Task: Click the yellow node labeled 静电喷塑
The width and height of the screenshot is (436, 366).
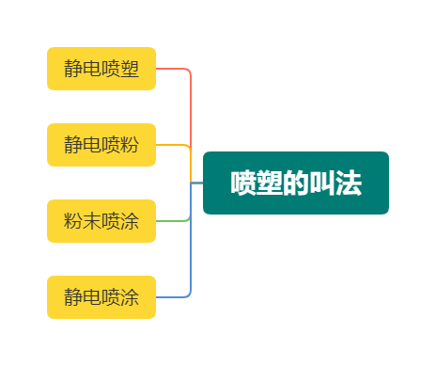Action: [x=101, y=69]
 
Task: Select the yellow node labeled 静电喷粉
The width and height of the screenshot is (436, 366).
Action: [x=101, y=145]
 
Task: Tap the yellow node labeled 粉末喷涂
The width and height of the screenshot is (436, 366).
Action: [x=101, y=221]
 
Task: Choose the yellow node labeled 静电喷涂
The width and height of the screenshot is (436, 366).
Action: [x=101, y=297]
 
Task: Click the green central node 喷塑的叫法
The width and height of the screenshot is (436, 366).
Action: [x=296, y=183]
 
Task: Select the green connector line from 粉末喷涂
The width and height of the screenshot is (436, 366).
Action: [x=174, y=221]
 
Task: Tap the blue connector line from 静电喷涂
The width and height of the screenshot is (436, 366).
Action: [x=174, y=297]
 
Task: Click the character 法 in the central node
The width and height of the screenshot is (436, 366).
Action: [x=349, y=183]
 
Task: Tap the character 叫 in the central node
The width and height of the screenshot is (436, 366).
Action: [x=322, y=183]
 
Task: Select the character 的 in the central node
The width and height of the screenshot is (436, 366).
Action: [x=296, y=183]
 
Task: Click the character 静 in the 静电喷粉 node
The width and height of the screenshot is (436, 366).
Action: [x=73, y=145]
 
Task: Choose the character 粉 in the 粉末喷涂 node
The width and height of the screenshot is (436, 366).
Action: [x=73, y=221]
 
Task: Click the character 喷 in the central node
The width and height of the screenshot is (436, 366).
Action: [x=243, y=183]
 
